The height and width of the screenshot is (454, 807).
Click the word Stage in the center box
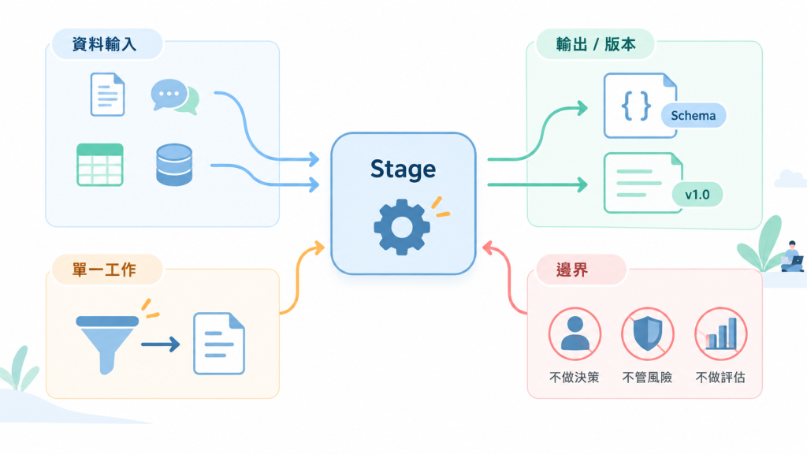pyautogui.click(x=403, y=169)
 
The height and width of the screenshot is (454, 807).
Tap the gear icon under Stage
pyautogui.click(x=402, y=227)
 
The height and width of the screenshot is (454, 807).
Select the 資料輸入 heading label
pyautogui.click(x=105, y=44)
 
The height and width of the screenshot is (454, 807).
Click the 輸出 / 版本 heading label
pyautogui.click(x=596, y=44)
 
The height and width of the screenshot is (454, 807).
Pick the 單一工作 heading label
pyautogui.click(x=105, y=270)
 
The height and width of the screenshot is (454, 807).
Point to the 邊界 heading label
pyautogui.click(x=572, y=270)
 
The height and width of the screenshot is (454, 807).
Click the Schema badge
pyautogui.click(x=694, y=116)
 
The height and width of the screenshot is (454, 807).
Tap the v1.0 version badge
pyautogui.click(x=697, y=195)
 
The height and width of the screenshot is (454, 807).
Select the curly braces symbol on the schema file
pyautogui.click(x=636, y=106)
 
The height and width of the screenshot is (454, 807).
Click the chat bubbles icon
pyautogui.click(x=175, y=96)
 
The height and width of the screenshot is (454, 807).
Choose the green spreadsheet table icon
pyautogui.click(x=100, y=165)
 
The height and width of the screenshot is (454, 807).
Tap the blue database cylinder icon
pyautogui.click(x=174, y=165)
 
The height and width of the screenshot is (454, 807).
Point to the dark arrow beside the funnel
pyautogui.click(x=161, y=344)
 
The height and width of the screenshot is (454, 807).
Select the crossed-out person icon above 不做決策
pyautogui.click(x=575, y=334)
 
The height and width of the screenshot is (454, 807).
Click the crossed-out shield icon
pyautogui.click(x=648, y=334)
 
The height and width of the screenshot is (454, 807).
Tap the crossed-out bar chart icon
pyautogui.click(x=720, y=334)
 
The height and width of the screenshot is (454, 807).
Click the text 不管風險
pyautogui.click(x=648, y=378)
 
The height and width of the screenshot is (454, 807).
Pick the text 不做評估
pyautogui.click(x=720, y=378)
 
